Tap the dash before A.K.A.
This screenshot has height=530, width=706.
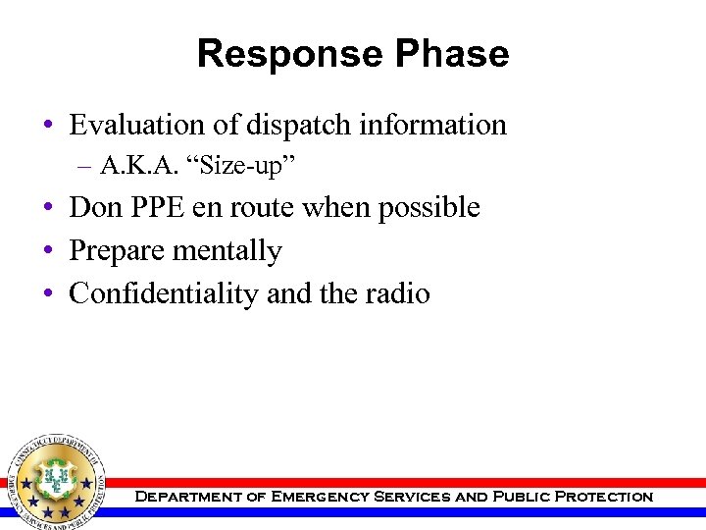(87, 166)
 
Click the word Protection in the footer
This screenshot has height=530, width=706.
(603, 497)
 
